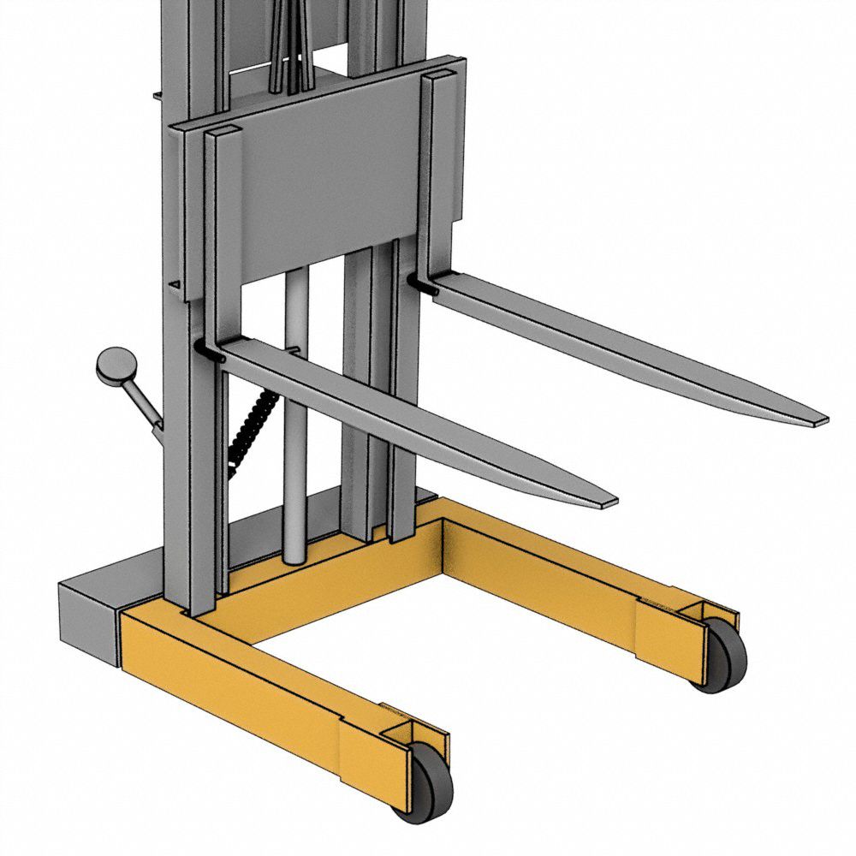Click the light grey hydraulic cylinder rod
[295, 428]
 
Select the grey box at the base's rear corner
[86, 621]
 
